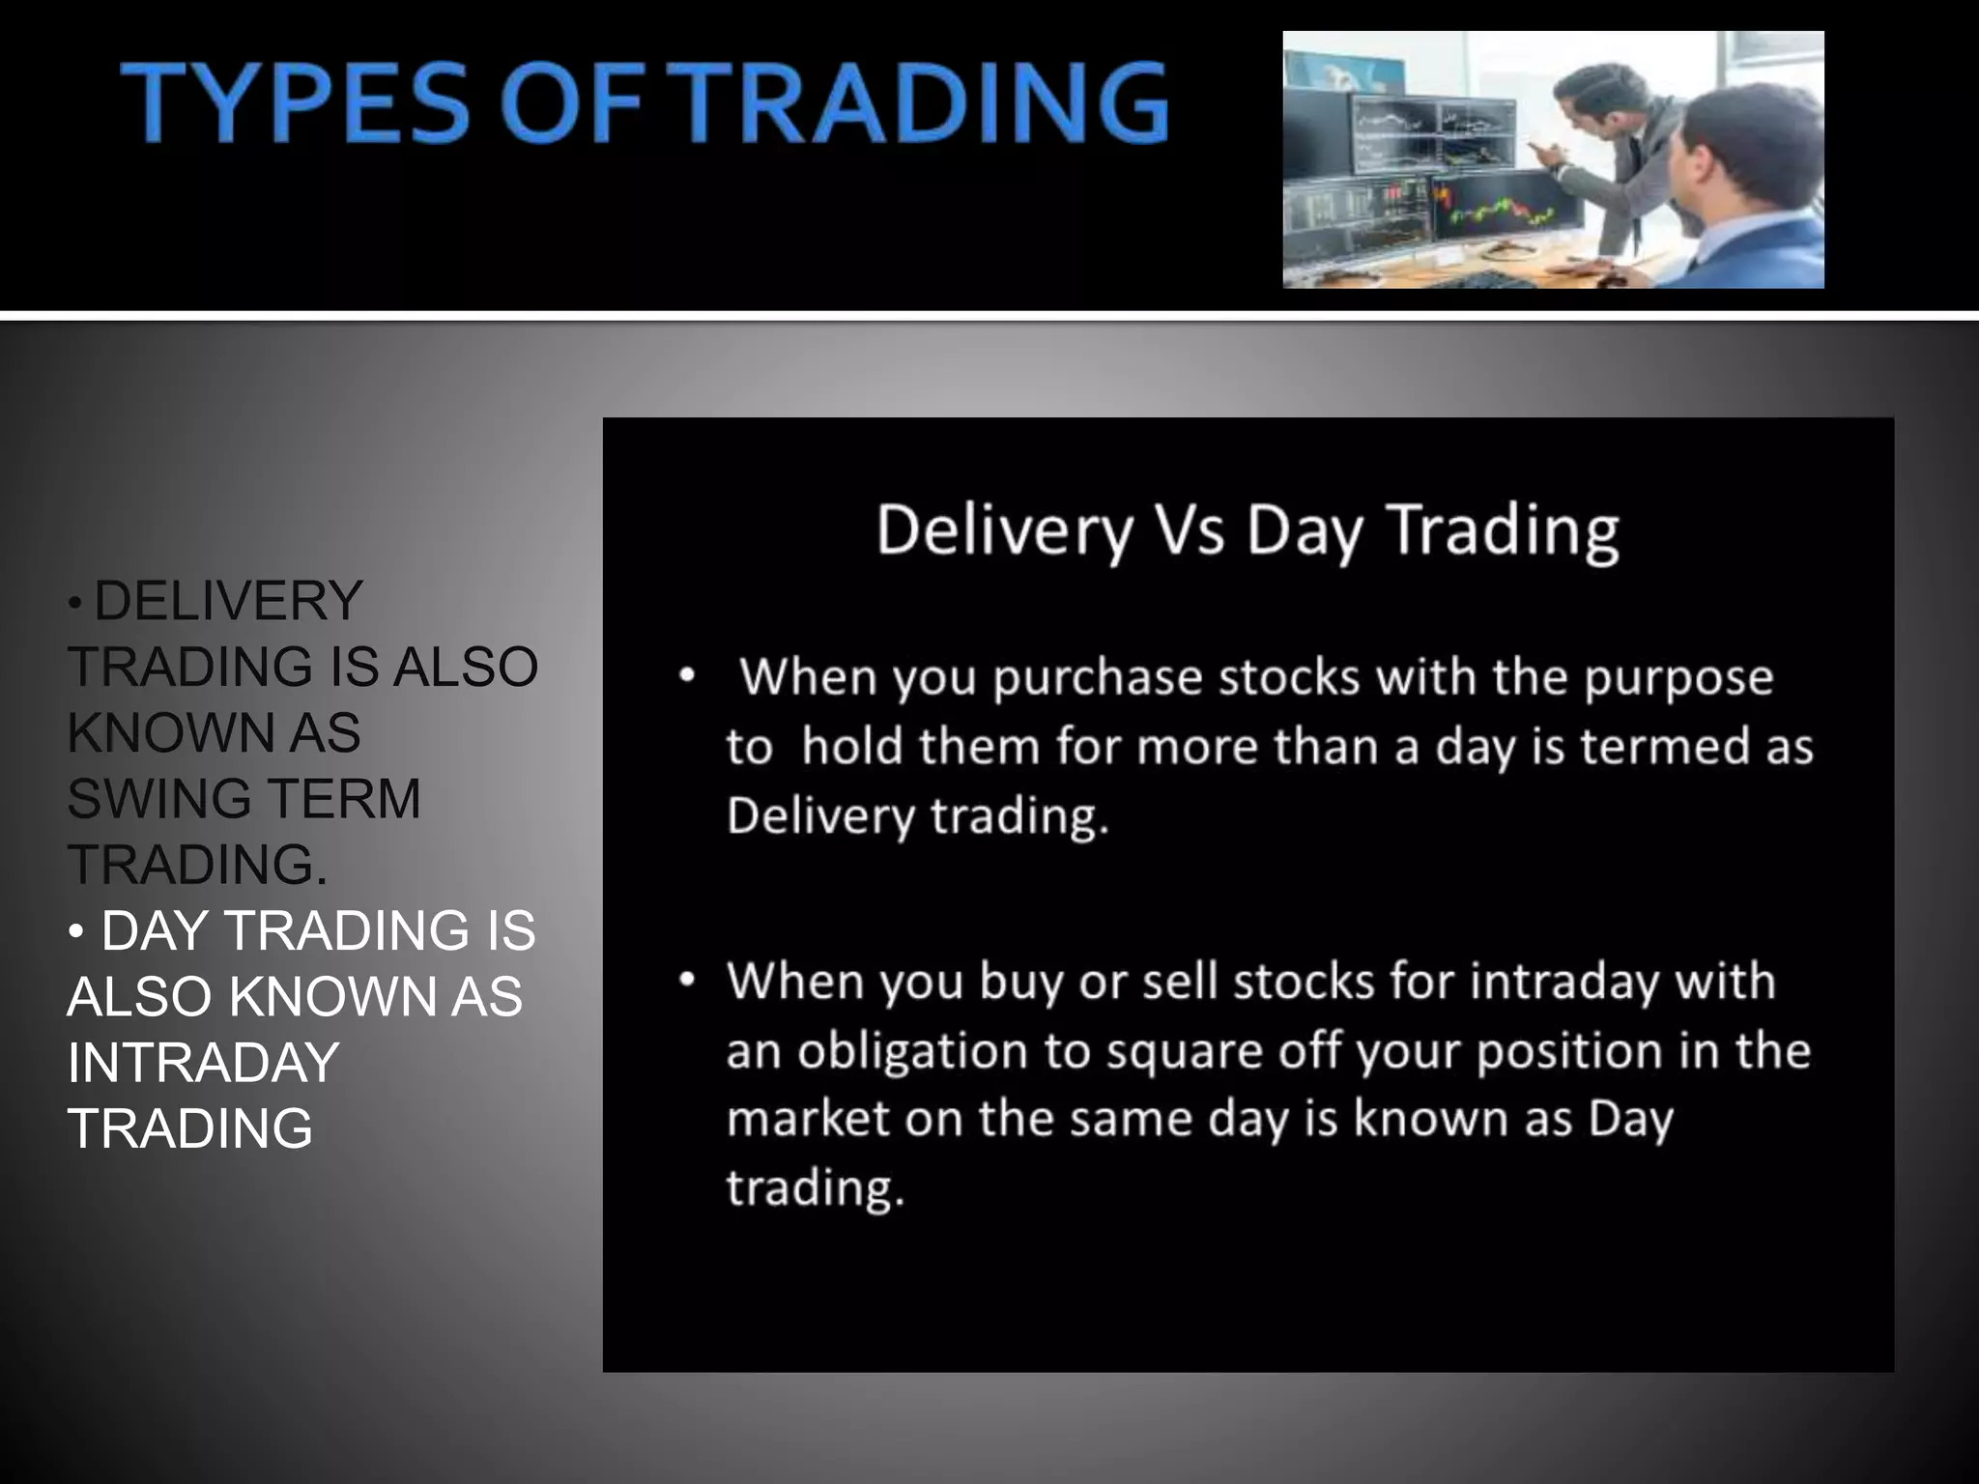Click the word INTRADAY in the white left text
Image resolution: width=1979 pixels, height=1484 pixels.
coord(203,1063)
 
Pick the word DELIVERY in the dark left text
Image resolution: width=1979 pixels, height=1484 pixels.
coord(228,601)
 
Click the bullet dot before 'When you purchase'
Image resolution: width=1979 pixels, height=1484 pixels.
coord(686,675)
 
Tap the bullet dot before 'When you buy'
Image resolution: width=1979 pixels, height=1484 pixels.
coord(686,980)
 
